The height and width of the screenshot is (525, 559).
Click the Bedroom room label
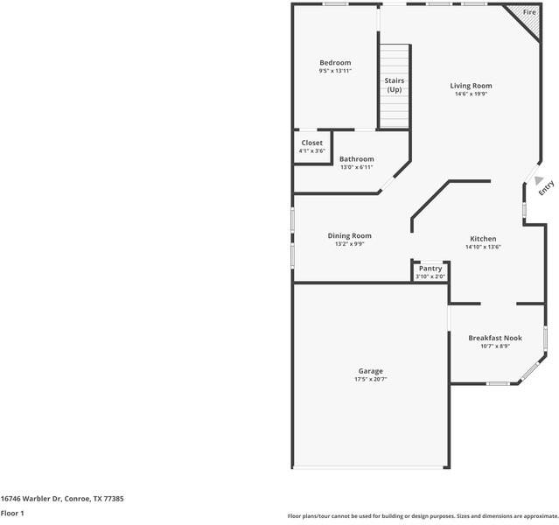click(x=335, y=62)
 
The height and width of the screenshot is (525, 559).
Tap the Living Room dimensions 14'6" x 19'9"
click(x=471, y=94)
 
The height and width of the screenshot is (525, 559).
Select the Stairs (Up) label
click(x=395, y=85)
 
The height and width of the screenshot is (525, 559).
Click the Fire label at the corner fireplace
click(x=529, y=12)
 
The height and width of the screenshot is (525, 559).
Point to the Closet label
click(x=311, y=143)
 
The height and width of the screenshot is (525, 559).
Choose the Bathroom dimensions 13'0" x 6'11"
click(x=356, y=167)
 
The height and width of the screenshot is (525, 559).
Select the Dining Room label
click(x=349, y=235)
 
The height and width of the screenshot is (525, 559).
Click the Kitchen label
click(x=483, y=239)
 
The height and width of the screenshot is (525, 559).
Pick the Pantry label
click(x=430, y=269)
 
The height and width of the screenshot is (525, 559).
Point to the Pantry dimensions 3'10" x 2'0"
click(x=430, y=276)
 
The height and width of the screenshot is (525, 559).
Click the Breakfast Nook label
click(x=494, y=338)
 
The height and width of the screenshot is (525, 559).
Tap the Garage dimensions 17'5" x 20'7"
click(x=370, y=380)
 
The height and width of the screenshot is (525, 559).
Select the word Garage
click(x=370, y=371)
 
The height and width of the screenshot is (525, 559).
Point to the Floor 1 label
click(x=12, y=513)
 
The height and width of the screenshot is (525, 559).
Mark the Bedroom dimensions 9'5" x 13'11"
click(x=335, y=71)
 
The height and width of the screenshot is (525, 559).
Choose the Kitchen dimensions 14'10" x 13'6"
click(x=483, y=248)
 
